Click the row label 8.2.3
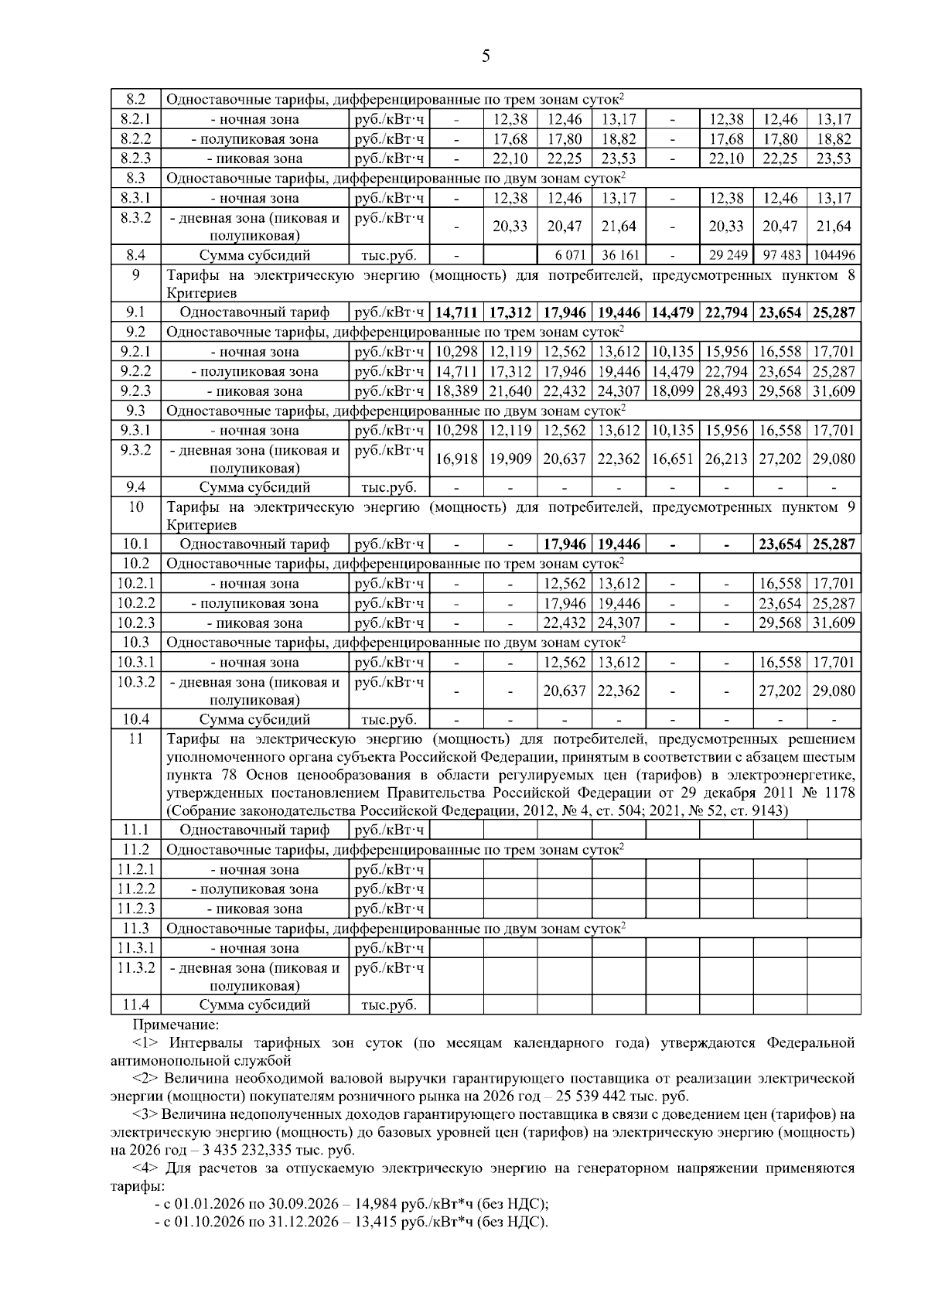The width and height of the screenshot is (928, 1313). pos(135,159)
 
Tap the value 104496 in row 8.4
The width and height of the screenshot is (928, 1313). pos(834,255)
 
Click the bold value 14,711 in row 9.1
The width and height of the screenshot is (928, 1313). pos(456,312)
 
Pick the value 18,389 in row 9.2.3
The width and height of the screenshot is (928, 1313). pos(456,391)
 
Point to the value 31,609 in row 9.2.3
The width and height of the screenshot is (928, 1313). pos(834,391)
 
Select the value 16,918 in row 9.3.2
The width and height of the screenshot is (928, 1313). pos(456,459)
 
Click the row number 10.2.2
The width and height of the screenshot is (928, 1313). pos(136,603)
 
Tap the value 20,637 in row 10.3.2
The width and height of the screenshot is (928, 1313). pos(565,691)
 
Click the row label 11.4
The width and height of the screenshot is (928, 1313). pos(135,1004)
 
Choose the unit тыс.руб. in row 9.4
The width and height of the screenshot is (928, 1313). pos(389,487)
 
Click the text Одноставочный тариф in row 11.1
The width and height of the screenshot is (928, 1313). pos(254,830)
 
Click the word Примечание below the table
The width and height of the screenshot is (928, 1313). pos(176,1025)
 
